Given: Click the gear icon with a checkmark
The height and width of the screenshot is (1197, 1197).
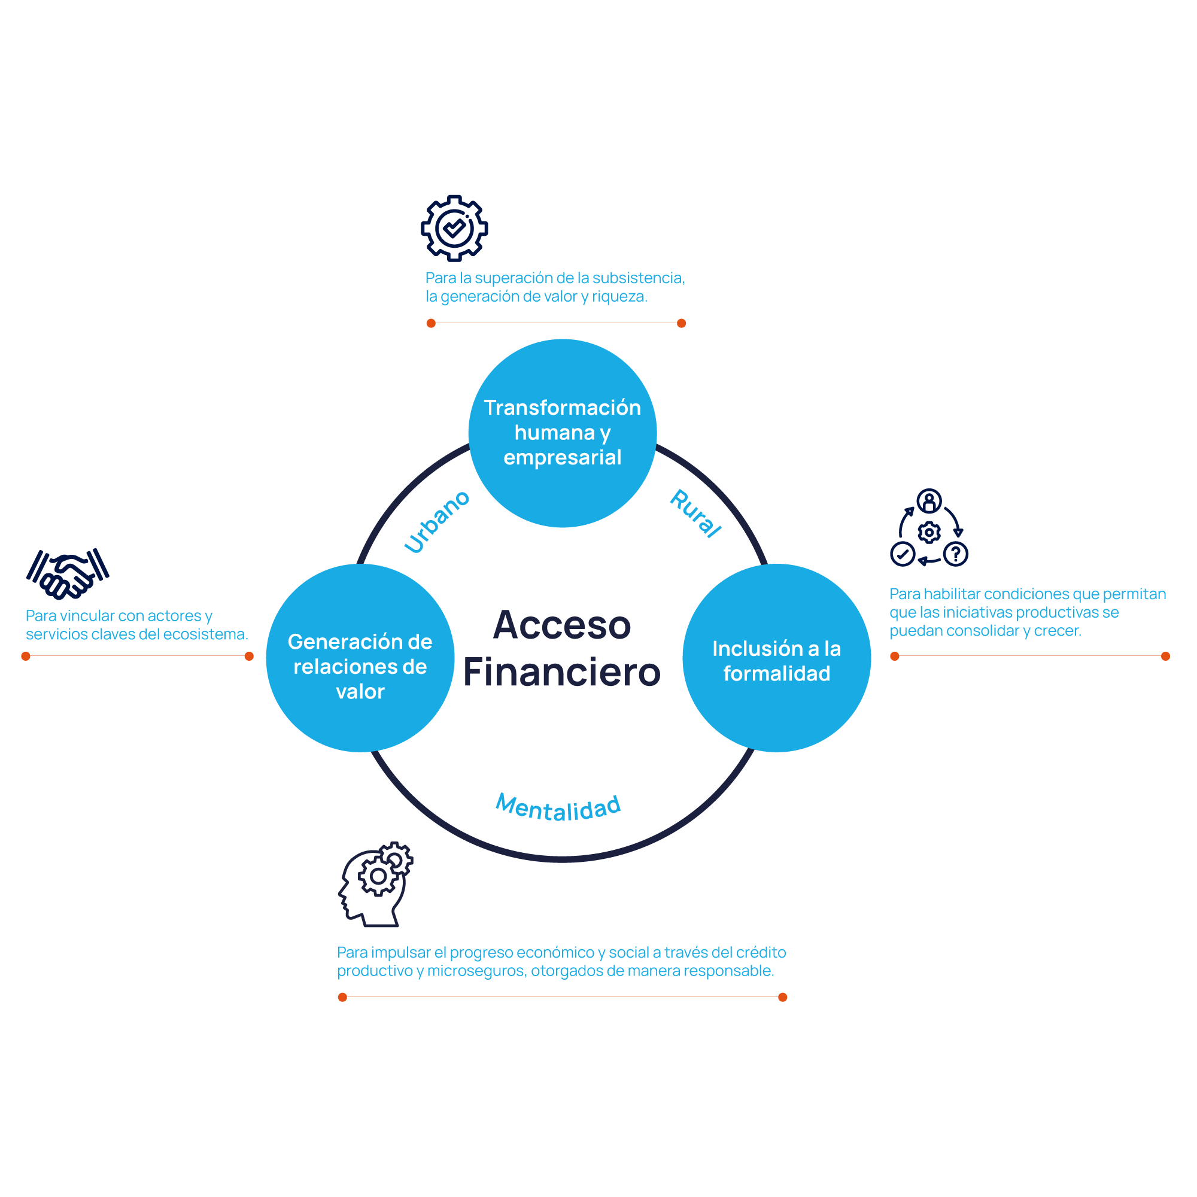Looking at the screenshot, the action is click(x=454, y=229).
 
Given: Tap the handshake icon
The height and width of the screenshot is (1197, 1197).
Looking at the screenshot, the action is click(x=68, y=574).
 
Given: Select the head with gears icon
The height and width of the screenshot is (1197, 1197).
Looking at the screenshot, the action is click(x=375, y=884).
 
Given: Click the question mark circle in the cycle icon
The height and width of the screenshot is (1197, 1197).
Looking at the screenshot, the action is click(x=955, y=554).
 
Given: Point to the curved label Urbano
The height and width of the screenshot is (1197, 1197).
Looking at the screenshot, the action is click(x=437, y=521).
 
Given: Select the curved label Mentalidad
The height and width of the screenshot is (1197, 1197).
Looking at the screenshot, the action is click(x=558, y=808).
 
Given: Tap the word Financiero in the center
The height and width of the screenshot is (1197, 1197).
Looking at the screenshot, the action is click(x=562, y=672).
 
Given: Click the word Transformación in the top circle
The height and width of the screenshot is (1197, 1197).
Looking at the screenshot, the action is click(x=563, y=407).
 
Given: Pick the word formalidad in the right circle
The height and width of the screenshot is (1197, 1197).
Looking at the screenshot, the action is click(x=777, y=673).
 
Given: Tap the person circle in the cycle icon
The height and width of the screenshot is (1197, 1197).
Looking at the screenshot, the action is click(x=929, y=500).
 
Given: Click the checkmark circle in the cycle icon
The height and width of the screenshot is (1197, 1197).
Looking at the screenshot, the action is click(x=903, y=554).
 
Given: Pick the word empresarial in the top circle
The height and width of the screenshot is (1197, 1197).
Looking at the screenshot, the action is click(x=563, y=457).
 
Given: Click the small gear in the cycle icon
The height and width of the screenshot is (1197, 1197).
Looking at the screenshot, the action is click(x=929, y=532).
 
